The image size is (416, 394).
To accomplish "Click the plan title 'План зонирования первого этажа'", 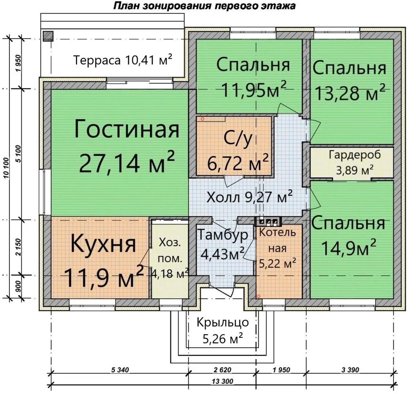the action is pos(204,5).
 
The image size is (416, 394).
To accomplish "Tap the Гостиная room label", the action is pos(127,129).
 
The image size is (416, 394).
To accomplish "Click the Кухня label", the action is pos(103,244).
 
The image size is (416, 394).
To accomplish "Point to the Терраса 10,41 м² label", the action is pos(122,60).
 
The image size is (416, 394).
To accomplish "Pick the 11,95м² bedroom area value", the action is pos(254,89).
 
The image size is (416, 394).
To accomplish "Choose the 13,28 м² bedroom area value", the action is pos(350,92).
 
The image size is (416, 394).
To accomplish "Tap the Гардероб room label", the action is pos(355,155).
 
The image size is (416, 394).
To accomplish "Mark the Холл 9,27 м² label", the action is pos(249,197).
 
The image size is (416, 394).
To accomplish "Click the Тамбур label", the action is pos(223,235).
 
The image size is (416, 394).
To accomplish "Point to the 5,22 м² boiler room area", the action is pos(277,263).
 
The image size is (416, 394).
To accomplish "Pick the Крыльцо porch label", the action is pos(223,322).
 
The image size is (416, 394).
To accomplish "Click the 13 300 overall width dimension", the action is pos(223,382).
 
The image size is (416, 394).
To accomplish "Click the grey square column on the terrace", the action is pos(48,36).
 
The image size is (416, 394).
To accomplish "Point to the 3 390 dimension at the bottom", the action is pos(350,370).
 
